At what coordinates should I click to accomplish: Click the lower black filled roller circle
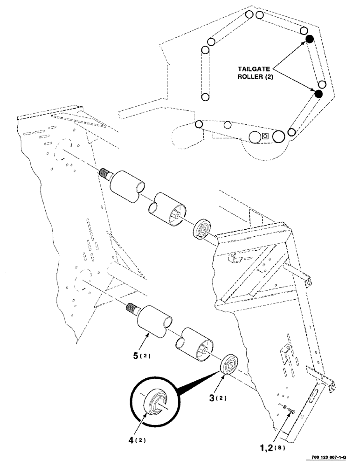[319, 94]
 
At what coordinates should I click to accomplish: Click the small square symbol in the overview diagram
[265, 136]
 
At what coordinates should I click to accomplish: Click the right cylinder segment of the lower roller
[195, 344]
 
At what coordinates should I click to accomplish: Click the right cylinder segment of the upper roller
[168, 209]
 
